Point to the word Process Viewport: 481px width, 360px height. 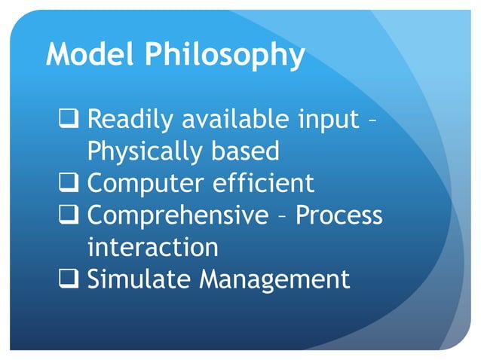(339, 215)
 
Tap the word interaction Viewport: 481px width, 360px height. (153, 247)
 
